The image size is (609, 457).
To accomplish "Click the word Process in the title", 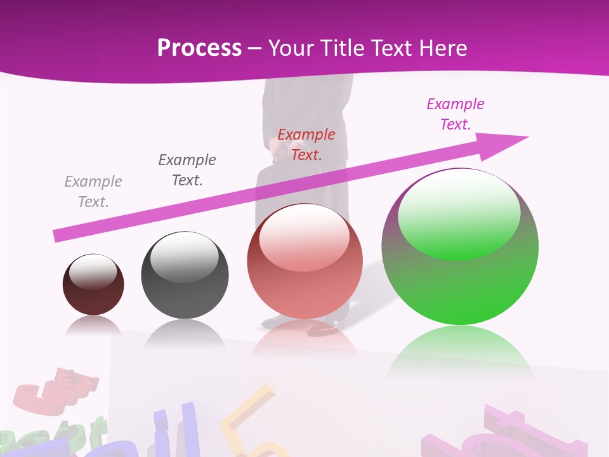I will (199, 48).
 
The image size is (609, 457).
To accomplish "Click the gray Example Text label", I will (93, 192).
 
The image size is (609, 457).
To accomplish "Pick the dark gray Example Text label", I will (187, 170).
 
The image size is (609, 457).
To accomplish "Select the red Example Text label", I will (306, 145).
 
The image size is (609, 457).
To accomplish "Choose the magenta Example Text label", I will (455, 114).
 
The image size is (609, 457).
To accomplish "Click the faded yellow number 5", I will (251, 422).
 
